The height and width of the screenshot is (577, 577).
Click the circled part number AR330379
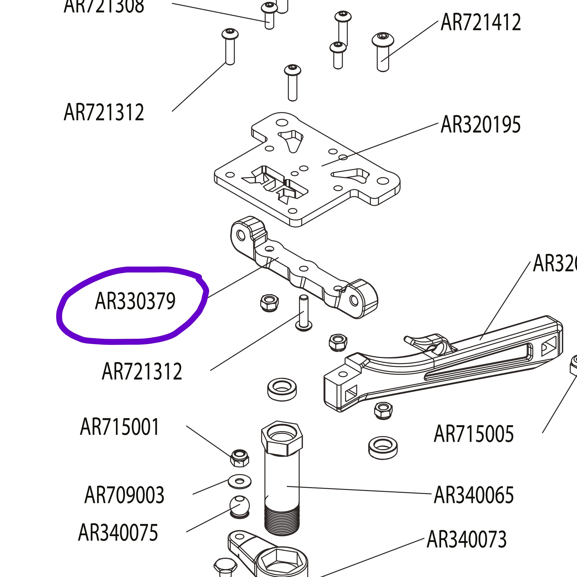point(135,301)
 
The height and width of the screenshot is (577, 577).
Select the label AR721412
point(480,22)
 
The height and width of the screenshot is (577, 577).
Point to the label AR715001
point(119,427)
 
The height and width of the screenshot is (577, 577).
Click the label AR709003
point(124,495)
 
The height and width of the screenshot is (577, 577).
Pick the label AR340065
point(473,495)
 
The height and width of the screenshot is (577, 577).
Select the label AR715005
point(473,434)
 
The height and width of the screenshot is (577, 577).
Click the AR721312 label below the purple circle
point(142,371)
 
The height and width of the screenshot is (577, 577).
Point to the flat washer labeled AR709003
point(240,481)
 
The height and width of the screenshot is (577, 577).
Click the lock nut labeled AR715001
point(240,458)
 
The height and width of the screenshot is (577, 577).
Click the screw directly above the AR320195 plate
point(292,83)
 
